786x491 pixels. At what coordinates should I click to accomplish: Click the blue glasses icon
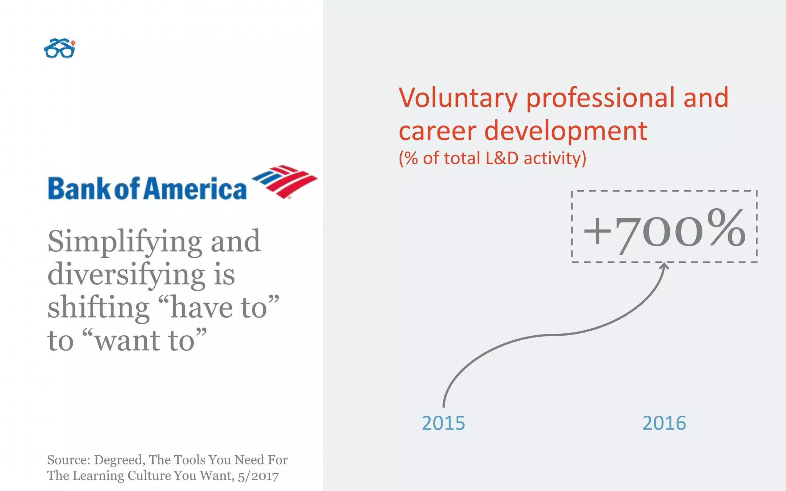(x=59, y=49)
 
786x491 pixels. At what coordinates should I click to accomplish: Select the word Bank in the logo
(x=79, y=189)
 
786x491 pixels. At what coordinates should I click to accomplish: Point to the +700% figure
(x=664, y=230)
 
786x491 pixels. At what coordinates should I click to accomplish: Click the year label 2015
(x=443, y=423)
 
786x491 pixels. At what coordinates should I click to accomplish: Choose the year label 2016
(x=664, y=423)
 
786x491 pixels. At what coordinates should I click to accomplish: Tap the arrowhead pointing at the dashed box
(x=664, y=266)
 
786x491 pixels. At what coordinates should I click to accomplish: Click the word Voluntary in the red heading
(x=458, y=98)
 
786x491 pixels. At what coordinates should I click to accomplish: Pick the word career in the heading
(x=437, y=132)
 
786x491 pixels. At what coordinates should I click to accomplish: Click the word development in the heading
(x=566, y=132)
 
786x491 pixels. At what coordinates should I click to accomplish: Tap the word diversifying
(x=127, y=275)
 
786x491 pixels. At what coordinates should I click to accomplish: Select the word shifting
(x=98, y=308)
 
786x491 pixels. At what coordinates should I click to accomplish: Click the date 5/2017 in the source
(x=258, y=476)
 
